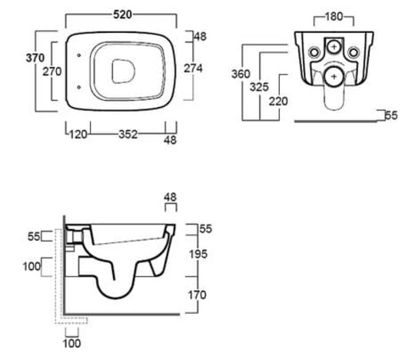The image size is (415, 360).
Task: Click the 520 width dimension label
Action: point(122,15)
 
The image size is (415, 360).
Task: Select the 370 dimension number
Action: point(35,58)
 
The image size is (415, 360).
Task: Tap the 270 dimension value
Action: point(52,72)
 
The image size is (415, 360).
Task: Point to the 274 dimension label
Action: point(193,68)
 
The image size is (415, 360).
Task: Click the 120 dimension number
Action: point(78,135)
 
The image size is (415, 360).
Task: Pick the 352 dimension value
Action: point(128,135)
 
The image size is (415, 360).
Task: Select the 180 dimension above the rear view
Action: point(334,17)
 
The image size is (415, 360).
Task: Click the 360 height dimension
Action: point(241,74)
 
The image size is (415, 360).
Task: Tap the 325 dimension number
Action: point(260,87)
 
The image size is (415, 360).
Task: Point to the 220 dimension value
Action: point(278,102)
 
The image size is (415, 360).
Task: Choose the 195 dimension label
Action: point(198,255)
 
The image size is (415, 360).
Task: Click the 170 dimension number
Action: point(197,295)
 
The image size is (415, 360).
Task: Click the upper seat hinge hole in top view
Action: point(78,55)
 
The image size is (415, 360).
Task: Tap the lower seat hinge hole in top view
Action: point(78,87)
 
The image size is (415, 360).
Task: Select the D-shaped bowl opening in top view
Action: point(124,72)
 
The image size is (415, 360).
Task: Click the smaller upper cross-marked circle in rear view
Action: point(334,47)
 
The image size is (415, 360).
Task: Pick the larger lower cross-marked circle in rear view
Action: point(334,77)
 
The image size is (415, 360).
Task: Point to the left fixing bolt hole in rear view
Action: point(314,52)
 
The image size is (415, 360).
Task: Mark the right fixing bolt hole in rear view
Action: point(354,52)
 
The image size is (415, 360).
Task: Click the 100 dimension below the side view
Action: point(71,344)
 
